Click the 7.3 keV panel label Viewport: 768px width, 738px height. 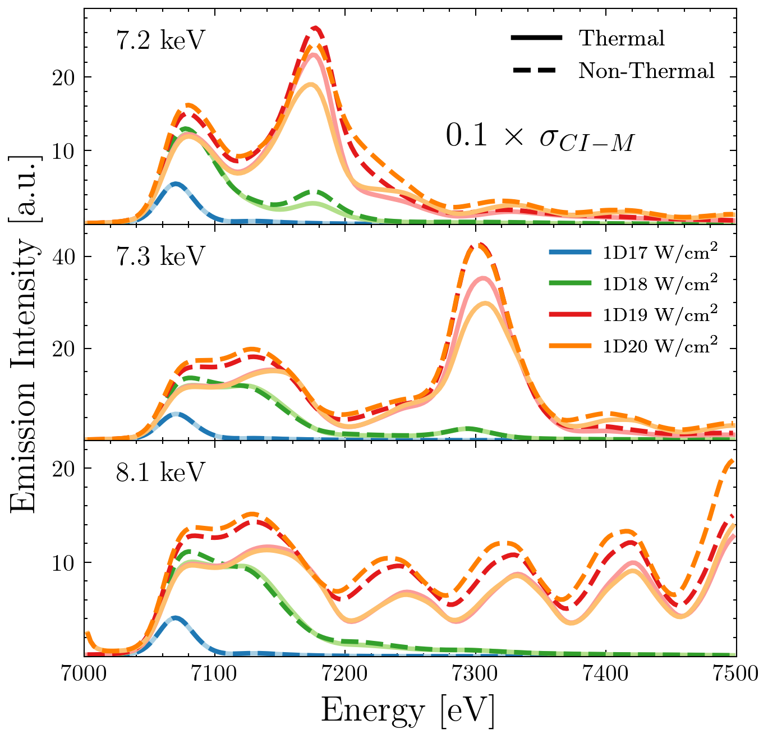click(x=160, y=258)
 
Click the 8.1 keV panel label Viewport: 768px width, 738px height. click(x=160, y=473)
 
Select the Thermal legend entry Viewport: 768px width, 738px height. click(x=622, y=38)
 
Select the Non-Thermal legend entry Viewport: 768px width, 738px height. click(x=646, y=71)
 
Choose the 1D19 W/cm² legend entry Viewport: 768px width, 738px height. click(x=660, y=315)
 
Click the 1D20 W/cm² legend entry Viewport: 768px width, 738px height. click(x=660, y=346)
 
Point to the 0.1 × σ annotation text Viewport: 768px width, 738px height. click(x=540, y=137)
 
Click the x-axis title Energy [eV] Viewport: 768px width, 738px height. click(x=408, y=711)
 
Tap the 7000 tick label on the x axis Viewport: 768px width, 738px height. click(x=84, y=673)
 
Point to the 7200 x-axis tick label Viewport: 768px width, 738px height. click(x=345, y=673)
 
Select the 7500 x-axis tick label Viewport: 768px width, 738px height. click(x=735, y=673)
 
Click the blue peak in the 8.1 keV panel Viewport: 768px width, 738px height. click(x=176, y=618)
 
